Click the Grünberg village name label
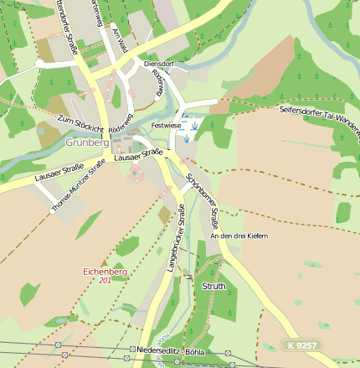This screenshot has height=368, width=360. (x=87, y=143)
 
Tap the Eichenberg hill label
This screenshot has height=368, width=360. (x=105, y=272)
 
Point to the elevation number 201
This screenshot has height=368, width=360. (x=105, y=280)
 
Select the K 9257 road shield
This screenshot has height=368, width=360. (x=299, y=345)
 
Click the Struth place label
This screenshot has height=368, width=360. (x=213, y=286)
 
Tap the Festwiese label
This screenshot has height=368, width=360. (x=165, y=125)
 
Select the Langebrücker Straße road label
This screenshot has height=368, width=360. (x=179, y=244)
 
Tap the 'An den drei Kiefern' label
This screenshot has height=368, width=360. (x=239, y=236)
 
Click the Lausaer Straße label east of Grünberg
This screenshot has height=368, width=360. (x=137, y=154)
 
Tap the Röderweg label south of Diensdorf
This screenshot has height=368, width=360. (x=159, y=83)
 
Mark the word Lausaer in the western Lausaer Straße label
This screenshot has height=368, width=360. (x=49, y=174)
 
